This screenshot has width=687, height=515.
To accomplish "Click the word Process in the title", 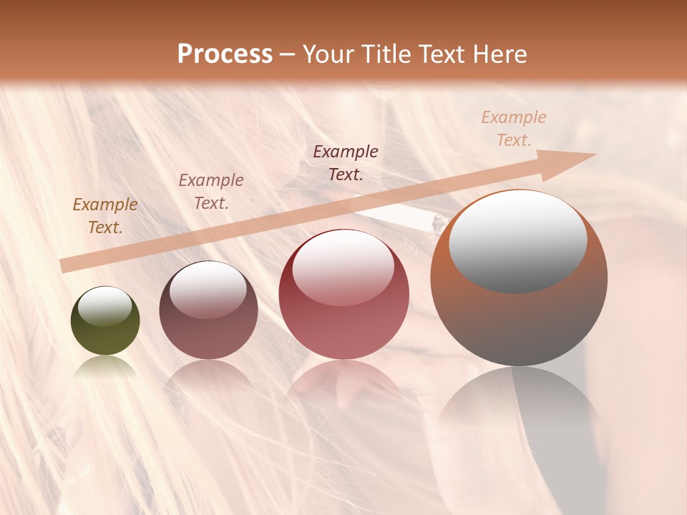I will pyautogui.click(x=225, y=54).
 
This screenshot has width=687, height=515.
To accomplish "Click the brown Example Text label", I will pyautogui.click(x=105, y=216).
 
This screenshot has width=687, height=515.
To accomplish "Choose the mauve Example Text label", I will pyautogui.click(x=211, y=192).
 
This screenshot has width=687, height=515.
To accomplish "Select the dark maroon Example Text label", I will pyautogui.click(x=346, y=163).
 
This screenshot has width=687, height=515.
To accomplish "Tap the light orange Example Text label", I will pyautogui.click(x=514, y=129).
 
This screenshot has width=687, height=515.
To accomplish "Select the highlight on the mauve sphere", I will pyautogui.click(x=208, y=289).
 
